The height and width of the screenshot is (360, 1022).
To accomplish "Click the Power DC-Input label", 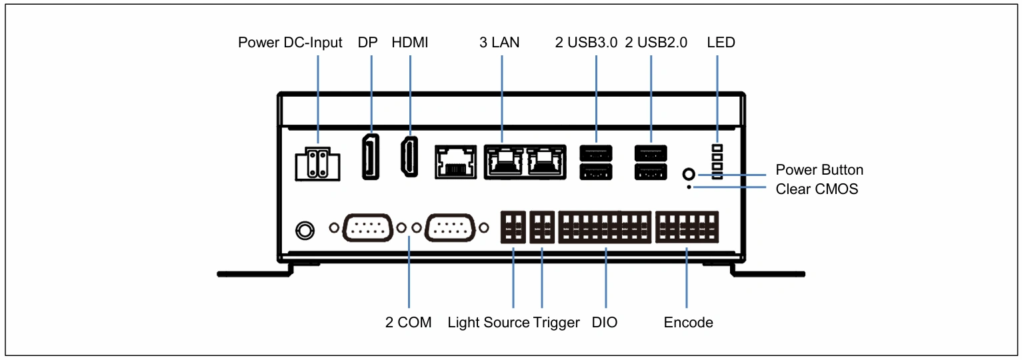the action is [290, 43].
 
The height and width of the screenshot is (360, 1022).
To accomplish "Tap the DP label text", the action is [368, 43].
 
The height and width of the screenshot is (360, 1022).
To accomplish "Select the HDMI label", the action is [410, 43].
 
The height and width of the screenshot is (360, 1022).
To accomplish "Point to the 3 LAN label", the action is [499, 43].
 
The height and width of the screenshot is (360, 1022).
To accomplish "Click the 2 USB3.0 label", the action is [586, 43].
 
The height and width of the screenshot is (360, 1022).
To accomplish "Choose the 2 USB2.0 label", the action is [656, 43].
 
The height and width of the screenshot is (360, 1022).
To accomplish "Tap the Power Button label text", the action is [819, 170].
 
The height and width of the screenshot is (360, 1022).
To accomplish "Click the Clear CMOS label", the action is [817, 189].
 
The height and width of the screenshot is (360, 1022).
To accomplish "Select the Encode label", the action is [688, 323].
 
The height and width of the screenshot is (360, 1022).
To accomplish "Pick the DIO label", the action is [605, 323].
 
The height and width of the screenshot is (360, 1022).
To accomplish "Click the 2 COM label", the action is [409, 323].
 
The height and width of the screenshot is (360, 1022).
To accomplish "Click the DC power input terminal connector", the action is [317, 164].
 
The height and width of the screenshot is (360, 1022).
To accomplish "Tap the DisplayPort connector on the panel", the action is [371, 156].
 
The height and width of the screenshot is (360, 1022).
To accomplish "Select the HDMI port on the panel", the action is [410, 157].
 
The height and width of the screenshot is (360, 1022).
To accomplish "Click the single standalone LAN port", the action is [456, 162].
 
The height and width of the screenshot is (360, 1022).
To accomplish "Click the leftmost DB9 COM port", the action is [368, 227].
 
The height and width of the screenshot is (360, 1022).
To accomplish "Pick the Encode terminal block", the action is [687, 227].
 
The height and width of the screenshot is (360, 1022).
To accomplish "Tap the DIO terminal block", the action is [605, 227].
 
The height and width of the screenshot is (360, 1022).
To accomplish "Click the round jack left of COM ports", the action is [305, 231].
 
